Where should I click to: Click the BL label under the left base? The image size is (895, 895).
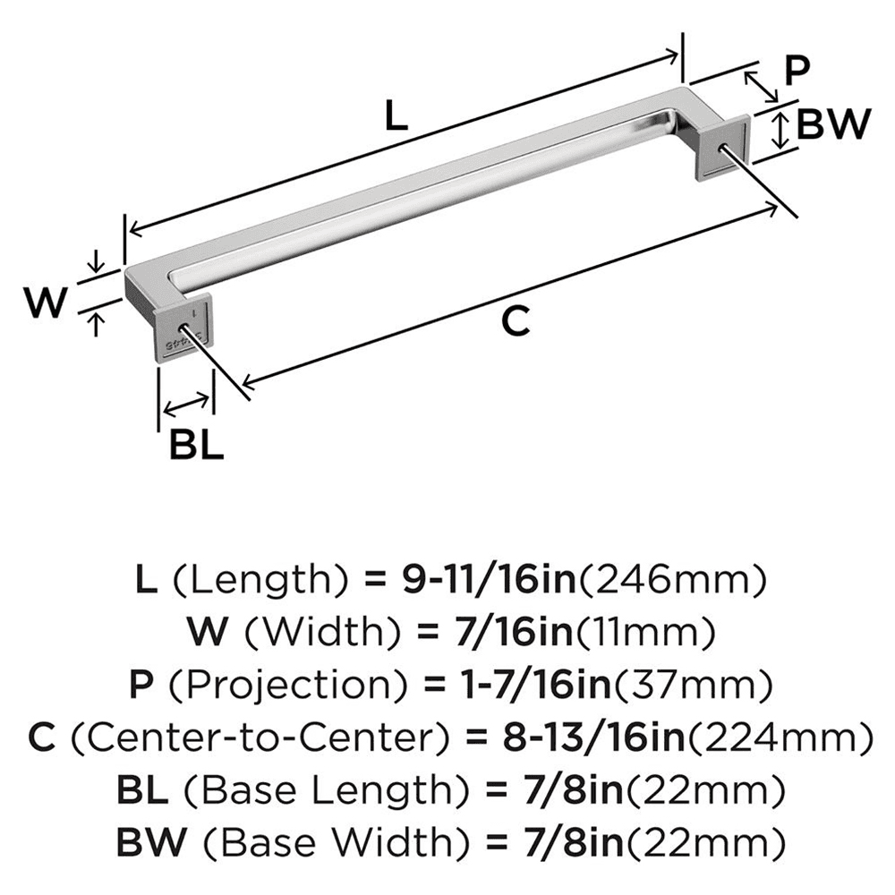pyautogui.click(x=196, y=445)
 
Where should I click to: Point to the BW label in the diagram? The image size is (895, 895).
pyautogui.click(x=832, y=125)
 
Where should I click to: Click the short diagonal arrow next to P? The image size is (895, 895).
pyautogui.click(x=760, y=87)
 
